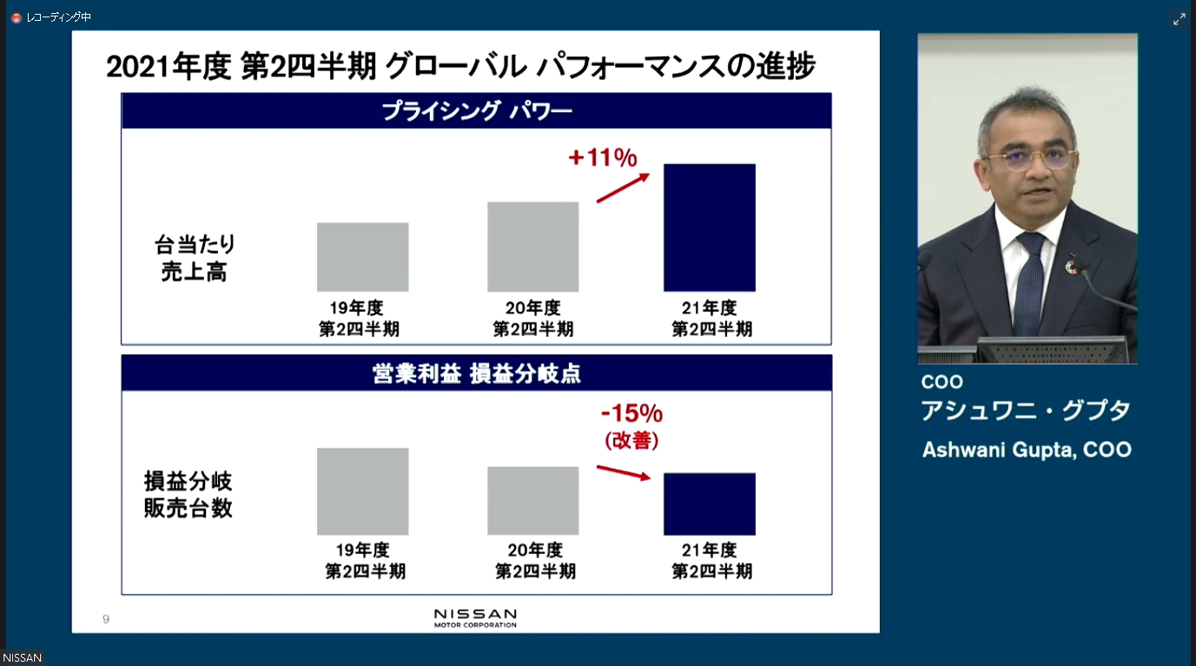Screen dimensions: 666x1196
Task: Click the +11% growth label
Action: (x=603, y=158)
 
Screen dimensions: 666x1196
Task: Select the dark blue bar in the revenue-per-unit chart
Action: (x=709, y=227)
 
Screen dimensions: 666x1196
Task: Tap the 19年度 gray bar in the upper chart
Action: (x=362, y=257)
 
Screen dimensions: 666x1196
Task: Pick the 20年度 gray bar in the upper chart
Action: (x=532, y=247)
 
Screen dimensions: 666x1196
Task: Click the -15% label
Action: (x=631, y=412)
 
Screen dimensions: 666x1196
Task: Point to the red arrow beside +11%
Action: (x=623, y=188)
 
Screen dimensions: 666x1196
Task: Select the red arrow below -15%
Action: (x=624, y=472)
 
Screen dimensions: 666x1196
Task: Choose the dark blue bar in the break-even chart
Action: (x=709, y=504)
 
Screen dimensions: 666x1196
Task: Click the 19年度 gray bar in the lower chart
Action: (x=362, y=491)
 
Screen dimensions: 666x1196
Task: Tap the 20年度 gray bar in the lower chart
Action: (x=532, y=501)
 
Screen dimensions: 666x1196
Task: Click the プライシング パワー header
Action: (x=476, y=111)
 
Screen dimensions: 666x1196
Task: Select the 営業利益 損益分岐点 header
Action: (x=476, y=373)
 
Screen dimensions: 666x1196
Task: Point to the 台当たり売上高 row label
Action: (x=195, y=258)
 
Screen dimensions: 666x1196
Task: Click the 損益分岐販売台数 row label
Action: (x=188, y=494)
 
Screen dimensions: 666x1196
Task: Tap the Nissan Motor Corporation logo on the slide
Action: (x=475, y=617)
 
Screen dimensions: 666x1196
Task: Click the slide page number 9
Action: (x=106, y=619)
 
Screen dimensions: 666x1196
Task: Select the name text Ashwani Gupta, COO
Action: (x=1027, y=450)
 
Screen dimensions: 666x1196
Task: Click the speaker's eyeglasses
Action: (x=1031, y=160)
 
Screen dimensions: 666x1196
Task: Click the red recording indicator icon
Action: (x=16, y=17)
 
